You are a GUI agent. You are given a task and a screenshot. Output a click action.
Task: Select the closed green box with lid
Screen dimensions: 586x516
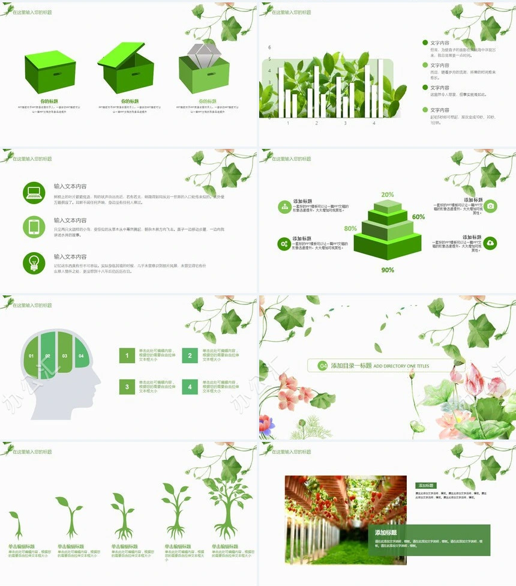(50, 71)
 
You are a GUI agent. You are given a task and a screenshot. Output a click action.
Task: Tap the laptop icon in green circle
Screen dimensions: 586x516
(34, 192)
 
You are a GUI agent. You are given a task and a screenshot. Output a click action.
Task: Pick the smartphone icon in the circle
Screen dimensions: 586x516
(34, 226)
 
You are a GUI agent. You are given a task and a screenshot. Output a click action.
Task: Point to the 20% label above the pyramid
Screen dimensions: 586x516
(387, 195)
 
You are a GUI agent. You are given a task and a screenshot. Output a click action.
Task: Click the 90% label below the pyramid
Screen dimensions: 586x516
(388, 270)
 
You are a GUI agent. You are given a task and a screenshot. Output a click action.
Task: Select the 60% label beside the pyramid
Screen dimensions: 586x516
(418, 217)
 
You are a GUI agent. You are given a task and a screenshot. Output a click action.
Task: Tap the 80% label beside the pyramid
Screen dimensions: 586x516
(350, 229)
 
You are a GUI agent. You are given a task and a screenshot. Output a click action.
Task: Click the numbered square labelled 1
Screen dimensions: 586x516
(127, 356)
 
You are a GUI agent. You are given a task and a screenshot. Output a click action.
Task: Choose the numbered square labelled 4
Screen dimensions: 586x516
(190, 387)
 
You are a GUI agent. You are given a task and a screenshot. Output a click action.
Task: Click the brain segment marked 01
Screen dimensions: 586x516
(32, 355)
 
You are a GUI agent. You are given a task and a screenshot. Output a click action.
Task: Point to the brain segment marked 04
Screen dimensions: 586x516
(81, 355)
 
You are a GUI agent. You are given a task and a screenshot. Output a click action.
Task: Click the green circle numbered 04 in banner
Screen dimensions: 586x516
(323, 366)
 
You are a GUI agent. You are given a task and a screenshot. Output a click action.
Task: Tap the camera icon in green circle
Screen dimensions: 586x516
(490, 206)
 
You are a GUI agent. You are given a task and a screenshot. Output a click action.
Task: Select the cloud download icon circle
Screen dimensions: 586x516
(490, 243)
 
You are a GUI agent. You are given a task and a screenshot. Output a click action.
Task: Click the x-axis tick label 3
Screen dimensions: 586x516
(345, 123)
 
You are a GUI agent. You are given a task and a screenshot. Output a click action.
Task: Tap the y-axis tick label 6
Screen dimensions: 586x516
(269, 47)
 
